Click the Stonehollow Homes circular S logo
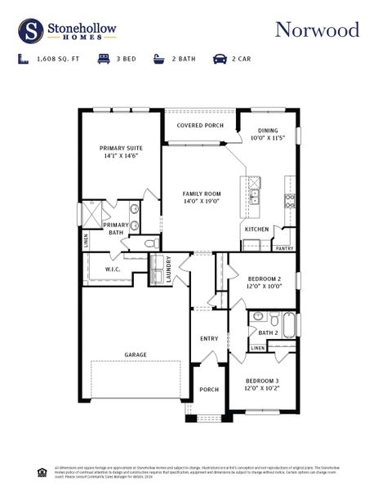click(x=31, y=31)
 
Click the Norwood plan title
click(x=317, y=30)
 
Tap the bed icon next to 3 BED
click(x=104, y=60)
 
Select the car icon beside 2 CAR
click(x=220, y=60)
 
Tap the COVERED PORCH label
click(x=200, y=125)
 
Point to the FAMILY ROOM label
click(x=202, y=194)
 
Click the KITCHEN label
click(x=256, y=229)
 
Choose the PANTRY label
click(x=284, y=247)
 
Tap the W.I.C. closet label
click(x=113, y=269)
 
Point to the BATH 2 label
click(x=269, y=332)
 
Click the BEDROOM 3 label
click(x=263, y=381)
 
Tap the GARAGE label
click(x=135, y=354)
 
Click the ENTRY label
click(x=209, y=338)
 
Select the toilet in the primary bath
click(x=150, y=243)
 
